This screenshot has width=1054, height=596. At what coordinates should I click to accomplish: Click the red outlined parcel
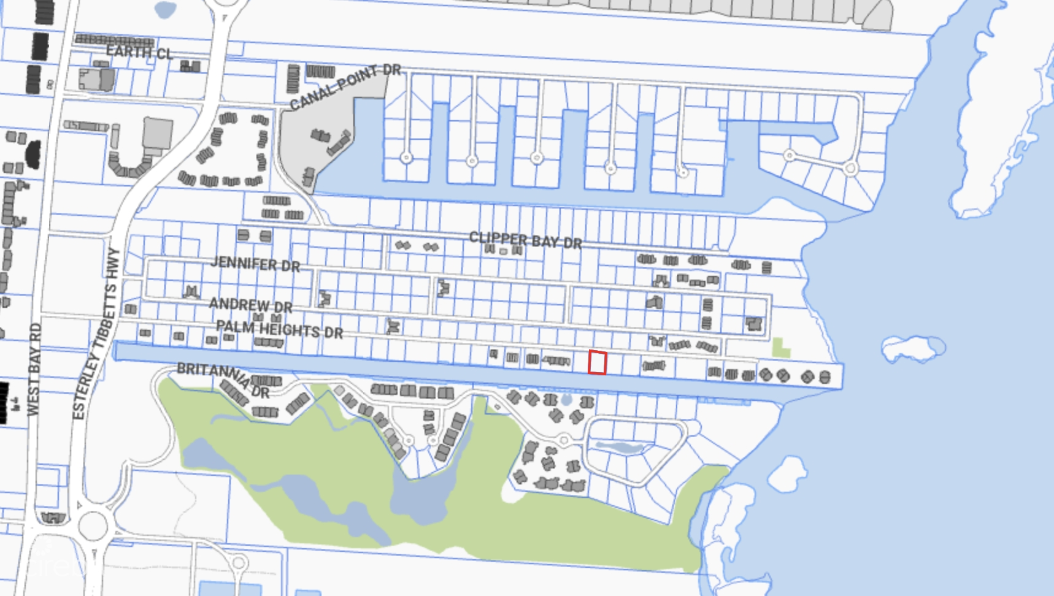(x=597, y=362)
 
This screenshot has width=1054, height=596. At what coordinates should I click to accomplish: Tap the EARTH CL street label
(x=139, y=52)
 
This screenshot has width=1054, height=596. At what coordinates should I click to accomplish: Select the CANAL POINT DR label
(x=345, y=86)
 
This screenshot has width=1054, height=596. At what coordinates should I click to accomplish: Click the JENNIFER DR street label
(x=255, y=264)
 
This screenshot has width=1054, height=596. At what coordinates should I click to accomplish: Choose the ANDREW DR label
(x=250, y=305)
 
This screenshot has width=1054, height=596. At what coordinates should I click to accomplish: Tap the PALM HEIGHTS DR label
(x=280, y=329)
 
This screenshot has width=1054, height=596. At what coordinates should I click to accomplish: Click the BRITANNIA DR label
(x=223, y=378)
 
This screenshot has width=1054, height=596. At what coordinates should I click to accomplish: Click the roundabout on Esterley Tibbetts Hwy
(x=93, y=525)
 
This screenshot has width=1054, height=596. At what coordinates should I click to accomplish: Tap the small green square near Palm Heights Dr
(x=780, y=348)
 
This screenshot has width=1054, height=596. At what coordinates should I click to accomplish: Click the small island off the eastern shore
(x=913, y=348)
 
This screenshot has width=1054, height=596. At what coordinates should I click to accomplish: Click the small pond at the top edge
(x=165, y=9)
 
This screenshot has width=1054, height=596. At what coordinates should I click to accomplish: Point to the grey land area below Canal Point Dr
(x=319, y=138)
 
